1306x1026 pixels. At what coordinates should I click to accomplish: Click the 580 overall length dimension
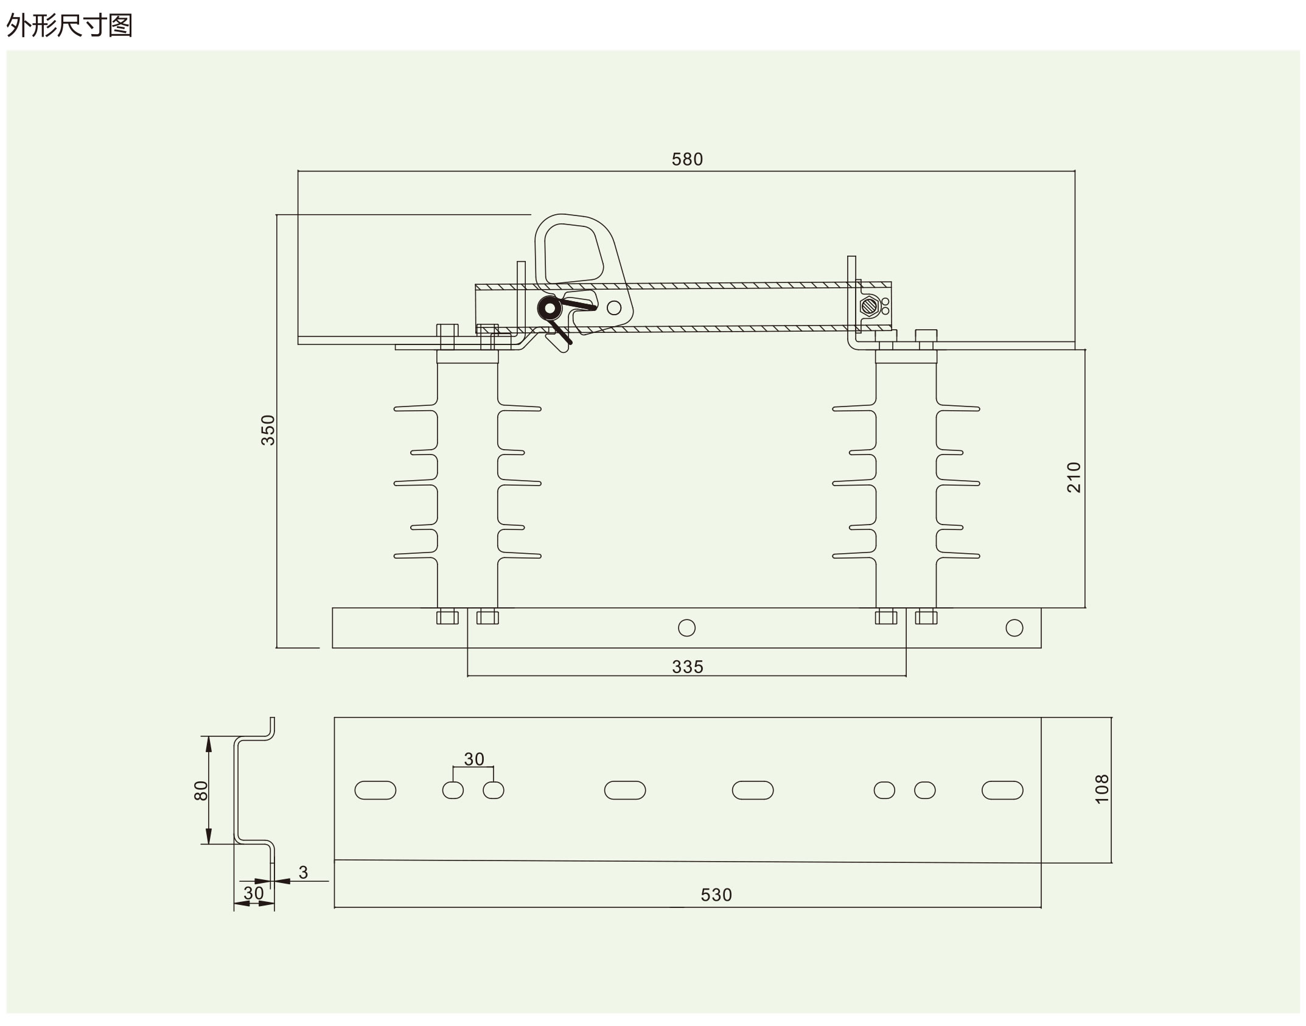pos(687,159)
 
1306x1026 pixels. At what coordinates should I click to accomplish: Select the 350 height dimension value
pos(268,430)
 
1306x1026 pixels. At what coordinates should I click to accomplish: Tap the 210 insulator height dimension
pos(1074,477)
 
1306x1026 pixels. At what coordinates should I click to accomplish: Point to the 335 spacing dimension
pos(688,667)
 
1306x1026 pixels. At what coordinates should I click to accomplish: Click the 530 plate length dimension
pos(716,895)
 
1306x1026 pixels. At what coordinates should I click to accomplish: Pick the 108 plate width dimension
pos(1102,789)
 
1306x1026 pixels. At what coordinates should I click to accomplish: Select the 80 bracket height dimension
pos(201,790)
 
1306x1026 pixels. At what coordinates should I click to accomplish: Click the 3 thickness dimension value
pos(304,873)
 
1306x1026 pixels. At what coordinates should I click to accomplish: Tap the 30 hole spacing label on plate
pos(474,759)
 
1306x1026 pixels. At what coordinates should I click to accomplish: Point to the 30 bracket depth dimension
pos(254,893)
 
